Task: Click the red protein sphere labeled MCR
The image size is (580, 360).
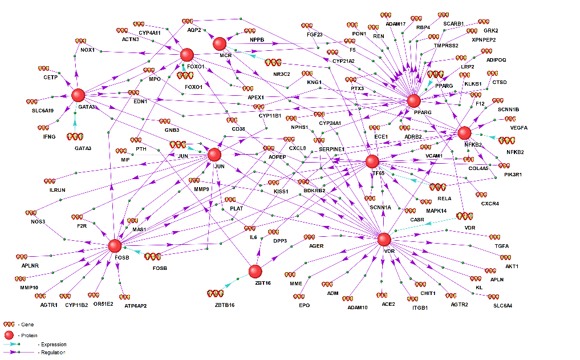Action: click(220, 43)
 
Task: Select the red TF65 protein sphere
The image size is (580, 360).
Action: click(372, 162)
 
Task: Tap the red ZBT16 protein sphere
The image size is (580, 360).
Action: click(255, 271)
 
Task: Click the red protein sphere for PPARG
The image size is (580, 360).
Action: click(414, 101)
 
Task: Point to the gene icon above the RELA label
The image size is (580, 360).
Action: click(437, 187)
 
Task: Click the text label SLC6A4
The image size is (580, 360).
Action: click(502, 306)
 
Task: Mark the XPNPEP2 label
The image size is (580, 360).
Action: click(484, 40)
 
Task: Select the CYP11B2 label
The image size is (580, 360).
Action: click(76, 306)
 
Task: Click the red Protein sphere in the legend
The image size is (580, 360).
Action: click(9, 334)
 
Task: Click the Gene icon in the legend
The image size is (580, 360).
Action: click(9, 324)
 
